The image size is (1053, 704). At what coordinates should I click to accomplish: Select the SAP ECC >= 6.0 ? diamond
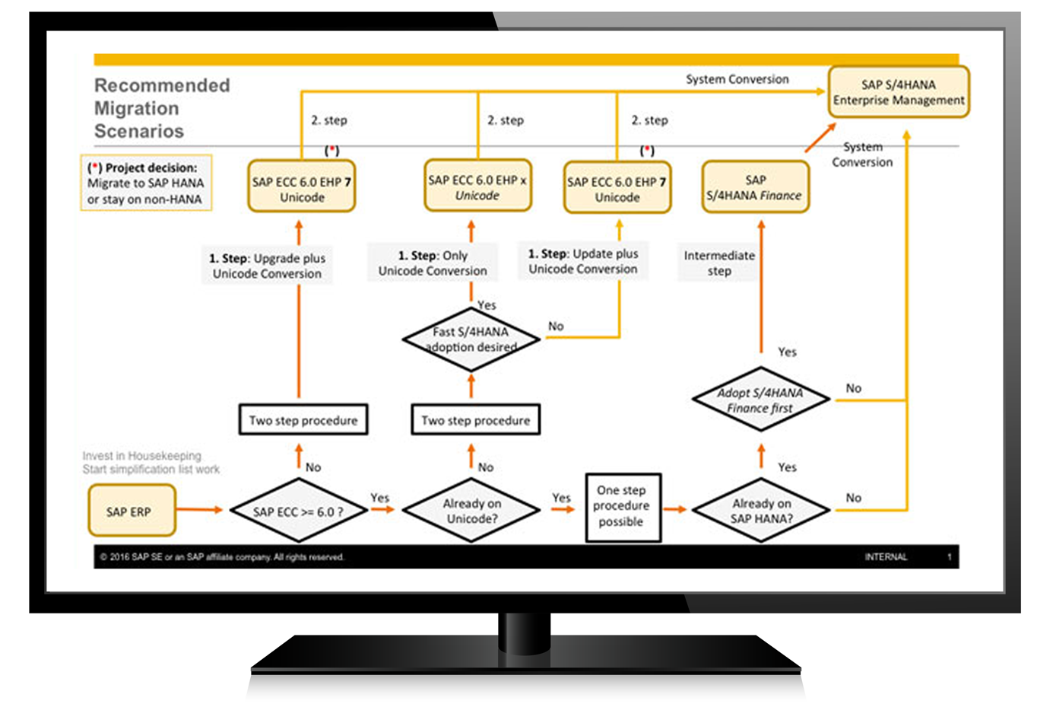click(298, 511)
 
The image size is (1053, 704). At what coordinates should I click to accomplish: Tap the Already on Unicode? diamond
click(471, 511)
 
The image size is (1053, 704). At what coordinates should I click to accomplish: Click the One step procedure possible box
click(622, 507)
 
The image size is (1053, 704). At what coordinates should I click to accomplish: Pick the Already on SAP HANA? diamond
click(761, 511)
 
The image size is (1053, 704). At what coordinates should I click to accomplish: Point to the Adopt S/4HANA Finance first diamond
click(760, 400)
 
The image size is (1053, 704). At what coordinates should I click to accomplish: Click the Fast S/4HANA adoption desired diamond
click(471, 339)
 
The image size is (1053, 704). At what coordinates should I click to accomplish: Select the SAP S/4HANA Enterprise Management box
click(898, 92)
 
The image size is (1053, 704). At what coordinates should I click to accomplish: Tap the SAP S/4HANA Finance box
click(755, 187)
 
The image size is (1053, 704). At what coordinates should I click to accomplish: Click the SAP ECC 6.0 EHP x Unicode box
click(477, 187)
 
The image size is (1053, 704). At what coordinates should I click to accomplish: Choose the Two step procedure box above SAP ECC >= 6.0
click(303, 420)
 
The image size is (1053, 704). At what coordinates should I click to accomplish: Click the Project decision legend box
click(146, 183)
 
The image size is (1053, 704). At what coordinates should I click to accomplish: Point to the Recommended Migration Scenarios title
click(161, 108)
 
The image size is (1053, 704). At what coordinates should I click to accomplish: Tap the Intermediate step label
click(718, 263)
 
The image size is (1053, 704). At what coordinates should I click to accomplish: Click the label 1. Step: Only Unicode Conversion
click(433, 263)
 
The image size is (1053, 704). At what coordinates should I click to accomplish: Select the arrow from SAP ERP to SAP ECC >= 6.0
click(199, 509)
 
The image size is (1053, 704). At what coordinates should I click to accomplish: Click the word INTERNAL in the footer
click(885, 557)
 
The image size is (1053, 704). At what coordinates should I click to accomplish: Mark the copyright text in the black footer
click(222, 557)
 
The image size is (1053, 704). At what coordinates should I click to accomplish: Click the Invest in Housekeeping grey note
click(151, 463)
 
